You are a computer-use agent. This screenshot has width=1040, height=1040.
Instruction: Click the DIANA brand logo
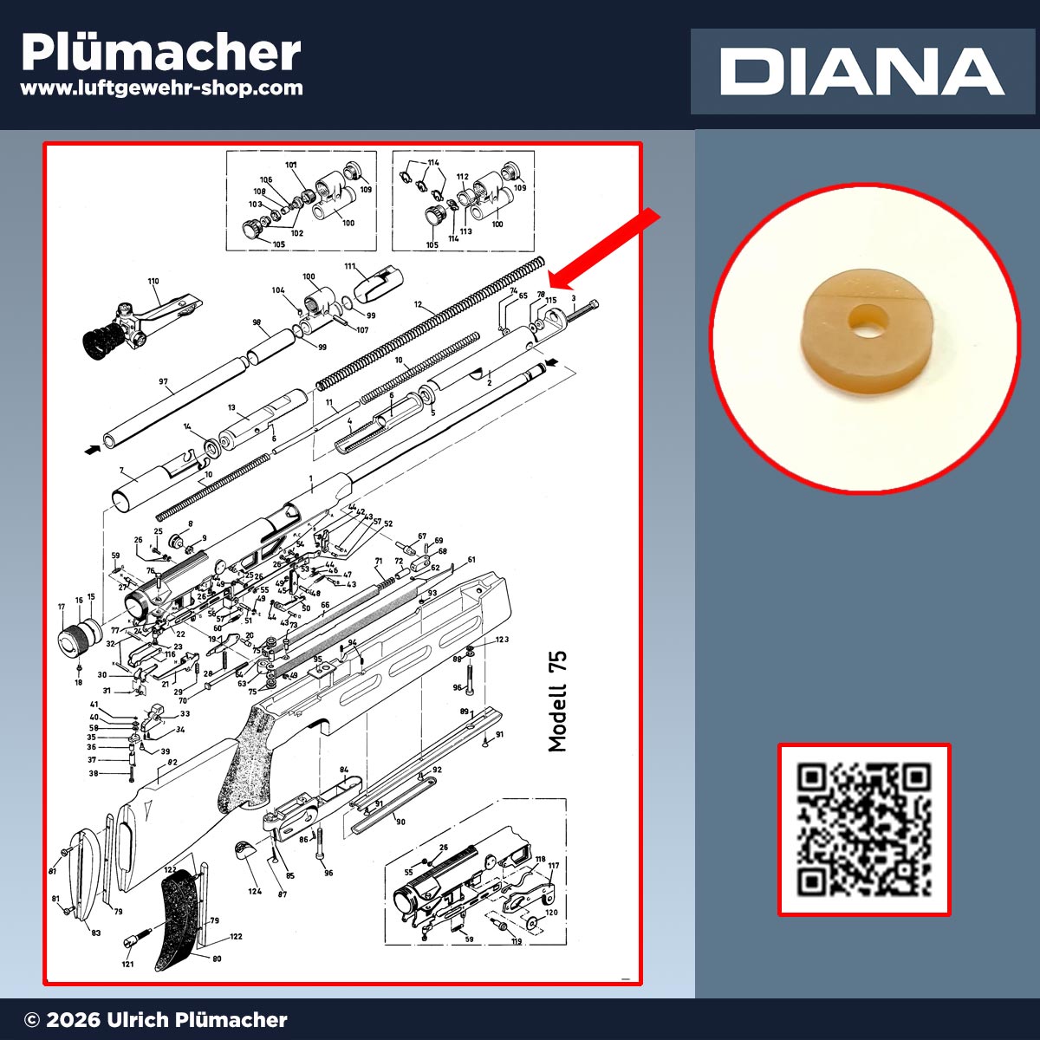861,71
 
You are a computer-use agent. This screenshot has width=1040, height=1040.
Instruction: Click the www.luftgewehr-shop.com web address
161,88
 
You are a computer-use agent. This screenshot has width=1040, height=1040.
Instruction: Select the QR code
864,829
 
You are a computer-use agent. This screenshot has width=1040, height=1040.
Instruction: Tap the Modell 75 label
557,701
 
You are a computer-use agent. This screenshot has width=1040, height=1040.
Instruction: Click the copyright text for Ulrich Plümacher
156,1020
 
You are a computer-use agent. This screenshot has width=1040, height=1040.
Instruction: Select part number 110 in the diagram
153,282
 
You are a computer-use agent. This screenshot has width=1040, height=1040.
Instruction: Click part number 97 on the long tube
163,381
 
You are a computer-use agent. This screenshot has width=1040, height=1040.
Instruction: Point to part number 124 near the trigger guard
255,891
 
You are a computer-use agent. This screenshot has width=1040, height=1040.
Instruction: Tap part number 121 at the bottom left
127,964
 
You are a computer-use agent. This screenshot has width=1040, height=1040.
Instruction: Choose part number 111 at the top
350,266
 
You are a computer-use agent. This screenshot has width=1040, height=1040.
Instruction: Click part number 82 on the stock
172,762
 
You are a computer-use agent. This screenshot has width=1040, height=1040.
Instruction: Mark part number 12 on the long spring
418,305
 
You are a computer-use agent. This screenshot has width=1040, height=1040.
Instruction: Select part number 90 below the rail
400,822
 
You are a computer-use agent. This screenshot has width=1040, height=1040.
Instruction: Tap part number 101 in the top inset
290,165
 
